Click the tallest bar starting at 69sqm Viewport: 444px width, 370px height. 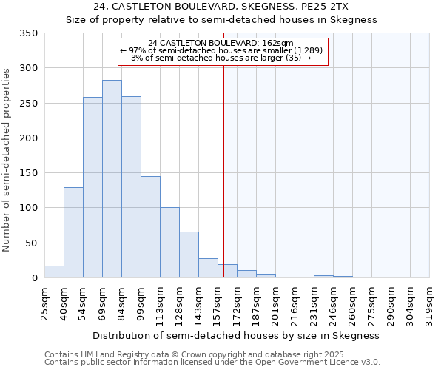[x=112, y=179]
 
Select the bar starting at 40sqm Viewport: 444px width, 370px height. [x=73, y=232]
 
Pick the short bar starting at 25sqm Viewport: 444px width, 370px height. [x=54, y=272]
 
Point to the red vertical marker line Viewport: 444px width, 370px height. [x=223, y=170]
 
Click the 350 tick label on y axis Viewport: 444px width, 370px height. [x=28, y=33]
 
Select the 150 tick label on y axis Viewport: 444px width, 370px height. [x=28, y=173]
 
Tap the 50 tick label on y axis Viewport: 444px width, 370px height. [x=31, y=243]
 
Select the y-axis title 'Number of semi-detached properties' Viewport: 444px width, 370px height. [x=7, y=159]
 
